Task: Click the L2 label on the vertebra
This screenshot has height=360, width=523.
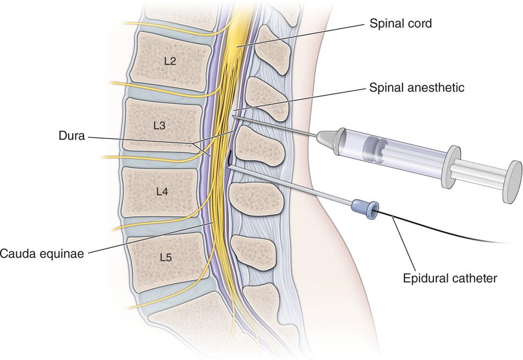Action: tap(170, 61)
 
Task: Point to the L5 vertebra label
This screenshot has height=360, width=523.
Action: tap(165, 258)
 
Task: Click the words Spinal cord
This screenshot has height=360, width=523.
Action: tap(401, 24)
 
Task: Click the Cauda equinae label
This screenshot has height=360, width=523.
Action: tap(42, 253)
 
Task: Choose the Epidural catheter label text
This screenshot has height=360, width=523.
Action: tap(451, 278)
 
